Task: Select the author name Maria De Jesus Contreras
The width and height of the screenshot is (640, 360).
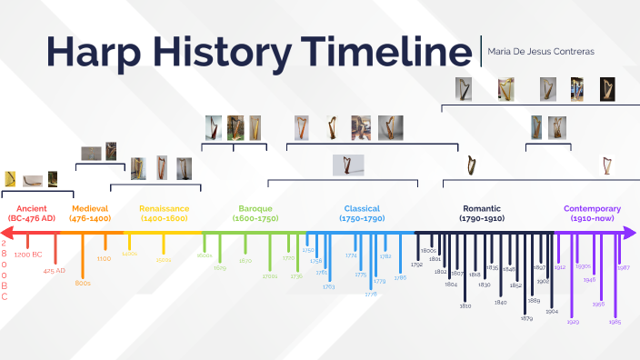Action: tap(541, 52)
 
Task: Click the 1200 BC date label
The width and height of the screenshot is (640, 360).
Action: tap(28, 255)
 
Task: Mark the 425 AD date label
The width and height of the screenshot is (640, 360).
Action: tap(55, 270)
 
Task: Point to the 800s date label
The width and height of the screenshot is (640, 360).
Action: tap(83, 284)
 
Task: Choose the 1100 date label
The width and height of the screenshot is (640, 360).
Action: tap(105, 259)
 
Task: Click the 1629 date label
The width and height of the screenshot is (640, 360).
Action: tap(219, 268)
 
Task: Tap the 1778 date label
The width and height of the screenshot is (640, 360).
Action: tap(371, 295)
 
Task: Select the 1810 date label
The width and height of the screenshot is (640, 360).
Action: tap(465, 305)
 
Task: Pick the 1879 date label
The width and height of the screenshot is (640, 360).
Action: tap(526, 318)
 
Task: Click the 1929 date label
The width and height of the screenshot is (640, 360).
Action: tap(573, 322)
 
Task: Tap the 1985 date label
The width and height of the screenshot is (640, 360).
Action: tap(615, 322)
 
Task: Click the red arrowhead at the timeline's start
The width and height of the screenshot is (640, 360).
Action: tap(6, 234)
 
